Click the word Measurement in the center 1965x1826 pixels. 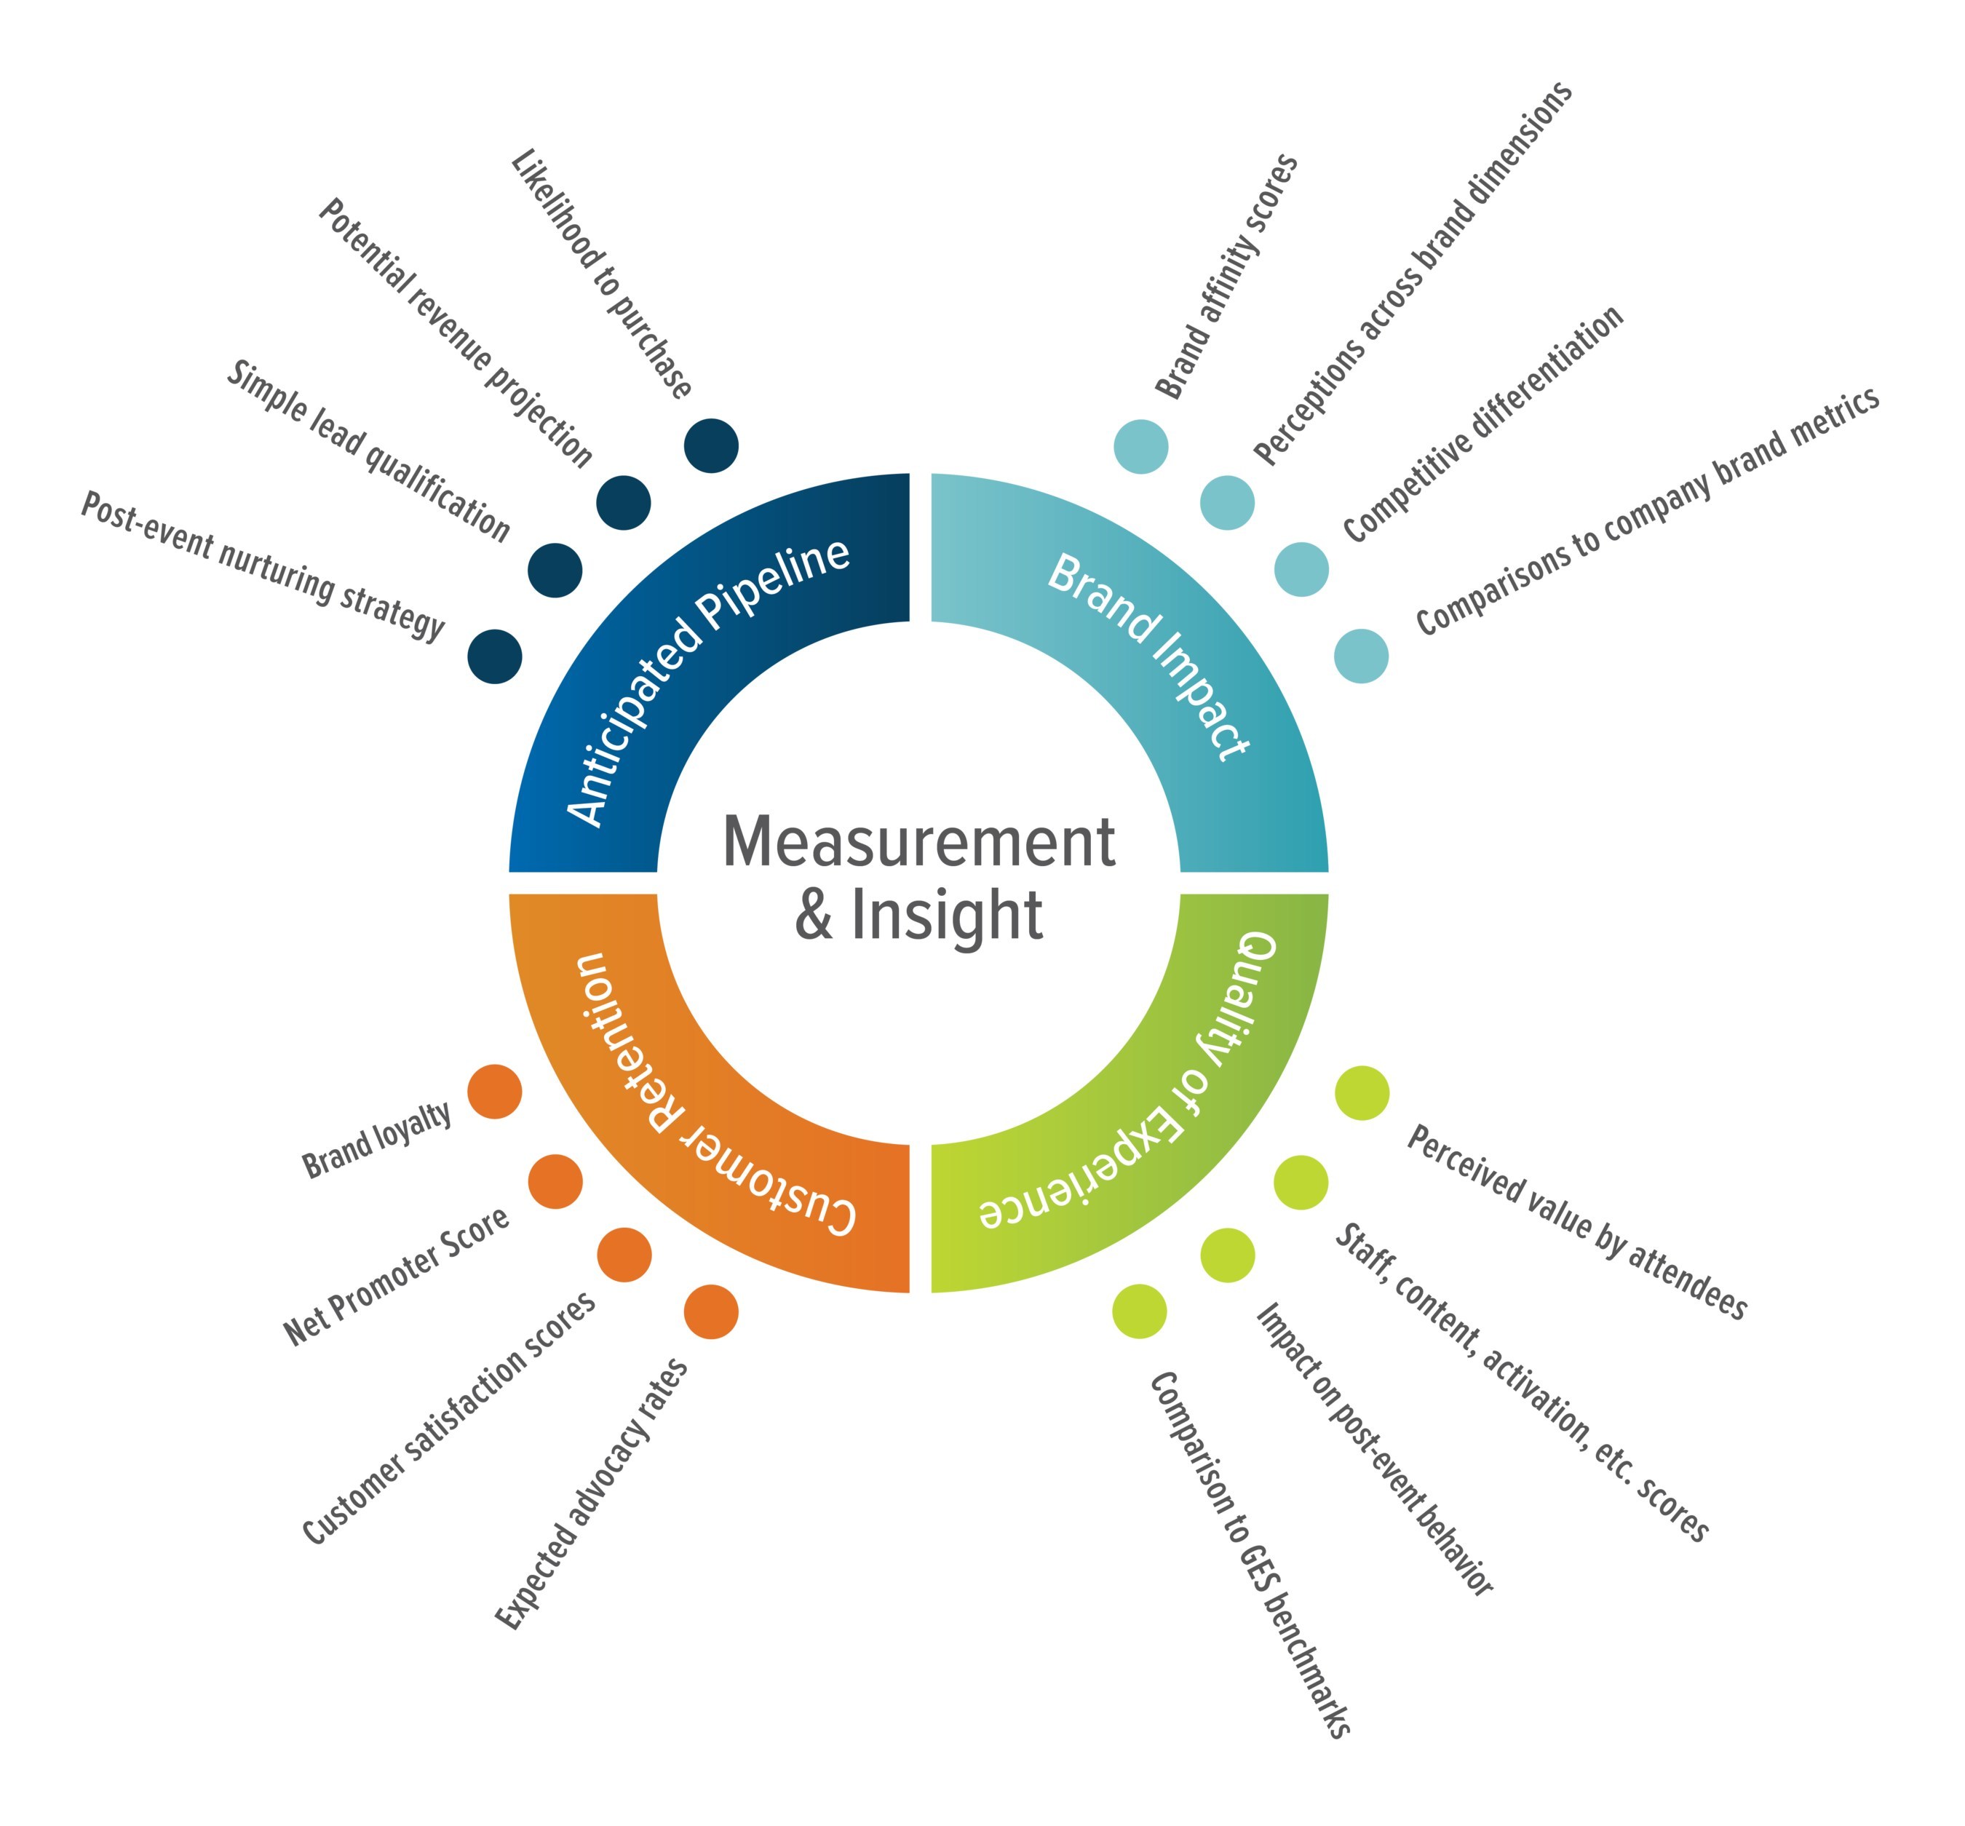[918, 843]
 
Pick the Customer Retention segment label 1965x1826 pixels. [702, 1097]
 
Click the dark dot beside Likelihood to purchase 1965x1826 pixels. [710, 445]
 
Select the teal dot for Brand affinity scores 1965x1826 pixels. [1140, 445]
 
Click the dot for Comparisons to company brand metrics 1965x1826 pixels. [1360, 655]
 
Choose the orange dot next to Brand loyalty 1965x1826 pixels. [494, 1092]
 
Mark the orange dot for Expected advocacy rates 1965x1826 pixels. [710, 1312]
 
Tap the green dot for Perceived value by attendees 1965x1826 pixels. [1362, 1094]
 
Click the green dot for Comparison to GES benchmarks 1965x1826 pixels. [1139, 1312]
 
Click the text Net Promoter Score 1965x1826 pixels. [396, 1277]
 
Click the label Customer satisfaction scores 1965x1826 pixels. [448, 1418]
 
